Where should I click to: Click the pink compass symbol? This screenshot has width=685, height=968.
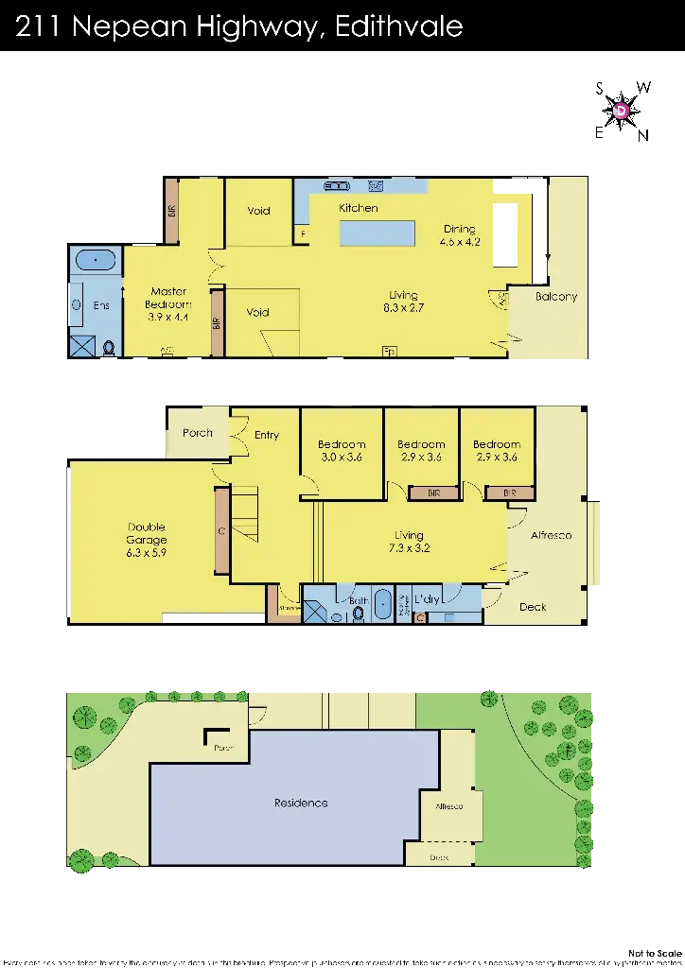click(x=621, y=112)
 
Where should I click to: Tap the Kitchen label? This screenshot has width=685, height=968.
click(x=358, y=208)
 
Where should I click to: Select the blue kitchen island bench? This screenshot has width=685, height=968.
click(x=378, y=233)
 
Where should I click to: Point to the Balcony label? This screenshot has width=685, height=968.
click(x=555, y=297)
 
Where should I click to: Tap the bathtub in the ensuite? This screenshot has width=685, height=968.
click(x=94, y=260)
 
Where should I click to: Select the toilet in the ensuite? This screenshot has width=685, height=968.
click(x=109, y=347)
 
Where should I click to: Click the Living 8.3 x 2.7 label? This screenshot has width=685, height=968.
click(x=402, y=302)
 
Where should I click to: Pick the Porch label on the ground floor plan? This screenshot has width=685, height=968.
click(x=197, y=434)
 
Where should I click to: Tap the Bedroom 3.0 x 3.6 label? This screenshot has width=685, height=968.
click(x=341, y=451)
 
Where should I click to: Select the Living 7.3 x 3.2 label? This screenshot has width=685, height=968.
click(x=409, y=542)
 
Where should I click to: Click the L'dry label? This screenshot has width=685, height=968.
click(x=429, y=599)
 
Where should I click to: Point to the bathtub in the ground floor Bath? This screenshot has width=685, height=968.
click(x=382, y=605)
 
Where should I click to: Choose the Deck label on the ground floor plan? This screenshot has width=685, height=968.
click(x=532, y=607)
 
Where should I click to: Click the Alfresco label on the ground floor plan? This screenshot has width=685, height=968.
click(x=551, y=535)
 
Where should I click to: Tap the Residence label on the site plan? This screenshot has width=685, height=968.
click(x=301, y=803)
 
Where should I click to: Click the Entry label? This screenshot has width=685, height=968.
click(x=267, y=436)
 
